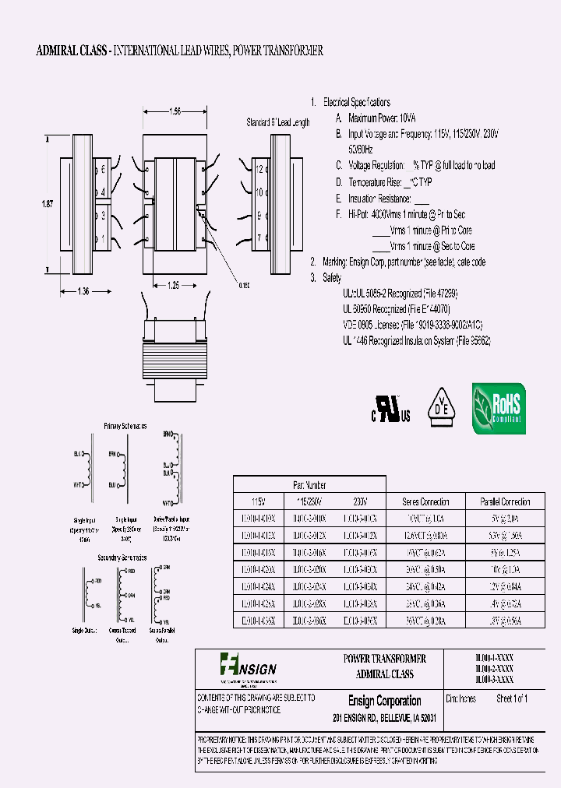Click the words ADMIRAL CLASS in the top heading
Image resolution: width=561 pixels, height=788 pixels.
73,51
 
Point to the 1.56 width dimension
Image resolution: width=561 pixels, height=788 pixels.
175,112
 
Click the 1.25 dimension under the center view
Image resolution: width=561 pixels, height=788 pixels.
175,286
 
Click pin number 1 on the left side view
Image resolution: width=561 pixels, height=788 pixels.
102,237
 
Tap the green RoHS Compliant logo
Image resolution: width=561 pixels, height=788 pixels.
499,409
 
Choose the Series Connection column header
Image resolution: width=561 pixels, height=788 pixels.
425,502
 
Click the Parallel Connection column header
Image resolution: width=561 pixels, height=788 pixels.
503,502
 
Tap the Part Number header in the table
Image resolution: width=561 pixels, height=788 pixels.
310,484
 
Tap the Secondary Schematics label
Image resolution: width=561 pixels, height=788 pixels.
122,558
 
